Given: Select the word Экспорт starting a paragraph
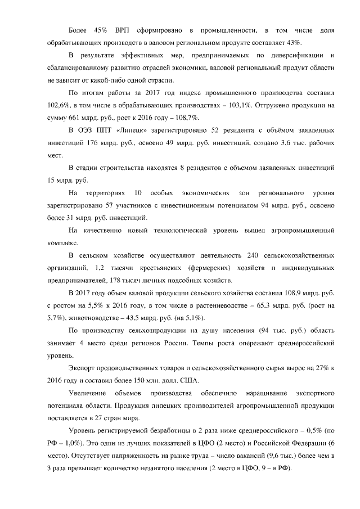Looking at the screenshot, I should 83,369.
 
